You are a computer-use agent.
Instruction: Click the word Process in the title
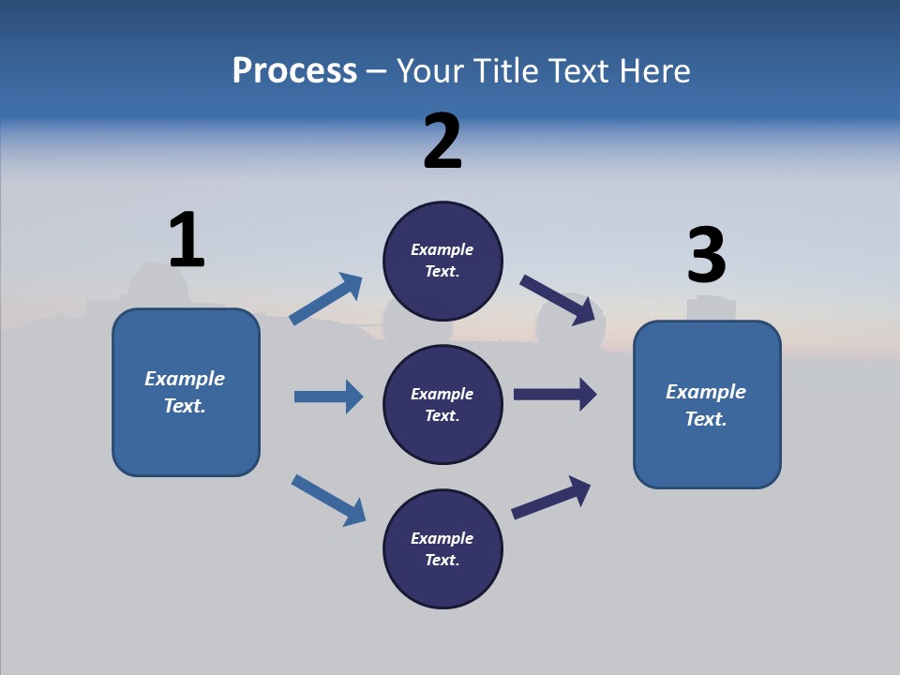(x=294, y=71)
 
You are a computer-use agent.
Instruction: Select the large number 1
(x=187, y=240)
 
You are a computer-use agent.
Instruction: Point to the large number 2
(x=442, y=142)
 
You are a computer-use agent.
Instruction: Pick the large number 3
(x=707, y=256)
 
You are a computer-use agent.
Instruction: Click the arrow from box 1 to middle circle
(x=329, y=397)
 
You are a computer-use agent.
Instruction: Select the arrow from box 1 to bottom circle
(x=329, y=500)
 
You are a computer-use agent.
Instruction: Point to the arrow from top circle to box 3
(x=558, y=298)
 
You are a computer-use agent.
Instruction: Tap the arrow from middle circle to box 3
(x=555, y=395)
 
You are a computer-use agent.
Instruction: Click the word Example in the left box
(x=185, y=379)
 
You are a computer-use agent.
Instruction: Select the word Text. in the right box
(x=706, y=419)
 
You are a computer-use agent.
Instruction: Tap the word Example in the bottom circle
(x=442, y=538)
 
